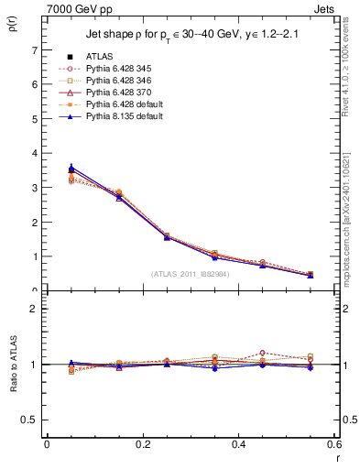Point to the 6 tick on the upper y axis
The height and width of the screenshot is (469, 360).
pyautogui.click(x=34, y=84)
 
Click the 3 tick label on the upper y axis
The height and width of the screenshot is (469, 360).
pyautogui.click(x=34, y=188)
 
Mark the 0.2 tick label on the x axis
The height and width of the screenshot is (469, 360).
pyautogui.click(x=142, y=443)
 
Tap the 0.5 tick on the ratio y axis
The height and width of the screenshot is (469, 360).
pyautogui.click(x=30, y=420)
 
